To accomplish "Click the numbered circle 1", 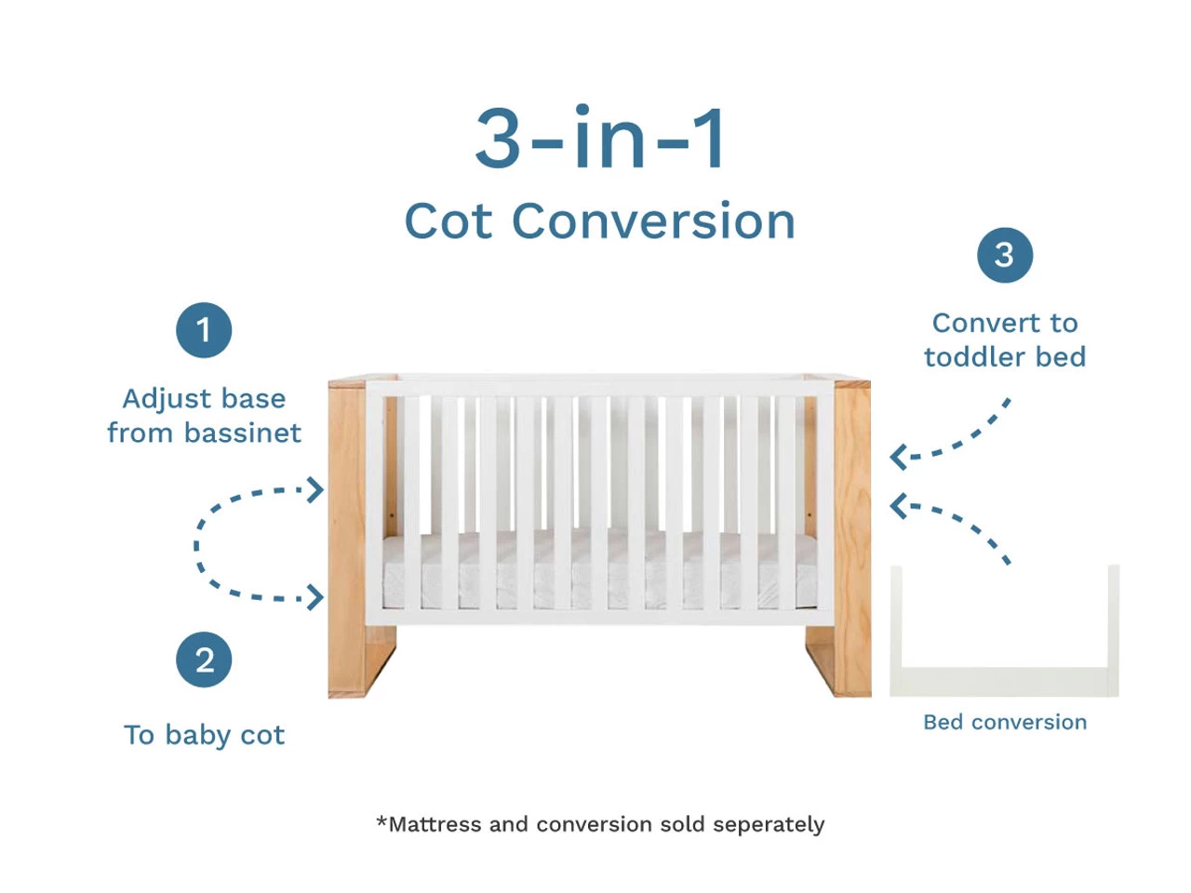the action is click(204, 329).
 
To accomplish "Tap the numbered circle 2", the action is click(204, 660).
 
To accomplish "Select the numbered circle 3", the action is click(1004, 255).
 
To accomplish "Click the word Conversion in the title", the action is click(653, 221).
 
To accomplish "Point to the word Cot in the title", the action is click(448, 221).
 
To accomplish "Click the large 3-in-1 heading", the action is click(599, 138).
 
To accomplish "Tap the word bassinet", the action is click(242, 433).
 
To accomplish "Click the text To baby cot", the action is click(204, 735).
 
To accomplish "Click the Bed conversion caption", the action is click(1005, 722).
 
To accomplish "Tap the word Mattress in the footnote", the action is click(435, 824).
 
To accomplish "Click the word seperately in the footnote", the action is click(769, 825).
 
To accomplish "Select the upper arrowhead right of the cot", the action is click(897, 457).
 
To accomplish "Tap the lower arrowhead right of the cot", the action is click(897, 506).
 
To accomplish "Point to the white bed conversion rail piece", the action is click(1004, 682).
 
